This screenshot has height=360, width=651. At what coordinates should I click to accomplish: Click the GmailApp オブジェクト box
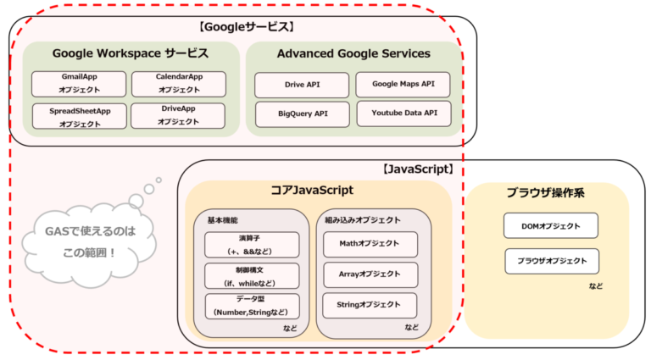(79, 83)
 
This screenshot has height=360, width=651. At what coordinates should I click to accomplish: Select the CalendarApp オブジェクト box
(178, 83)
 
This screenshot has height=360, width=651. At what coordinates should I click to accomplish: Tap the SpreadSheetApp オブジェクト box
(79, 116)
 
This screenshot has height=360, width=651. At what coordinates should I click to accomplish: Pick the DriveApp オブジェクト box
(178, 116)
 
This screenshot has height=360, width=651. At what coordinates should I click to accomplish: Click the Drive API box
(302, 85)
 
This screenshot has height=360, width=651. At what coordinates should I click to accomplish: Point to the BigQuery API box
(302, 112)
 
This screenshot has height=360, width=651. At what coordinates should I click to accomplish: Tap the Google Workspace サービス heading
(130, 53)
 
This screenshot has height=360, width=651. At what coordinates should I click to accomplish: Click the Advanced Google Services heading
(353, 53)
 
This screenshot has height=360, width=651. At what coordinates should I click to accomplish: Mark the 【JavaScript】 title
(418, 169)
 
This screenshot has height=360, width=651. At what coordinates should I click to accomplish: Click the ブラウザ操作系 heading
(545, 193)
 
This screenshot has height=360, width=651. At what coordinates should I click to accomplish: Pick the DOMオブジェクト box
(551, 225)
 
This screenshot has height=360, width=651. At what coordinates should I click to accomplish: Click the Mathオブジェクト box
(370, 245)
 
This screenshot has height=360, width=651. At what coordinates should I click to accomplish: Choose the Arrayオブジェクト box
(370, 274)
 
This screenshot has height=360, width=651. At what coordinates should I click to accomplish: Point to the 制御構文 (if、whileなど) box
(252, 275)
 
